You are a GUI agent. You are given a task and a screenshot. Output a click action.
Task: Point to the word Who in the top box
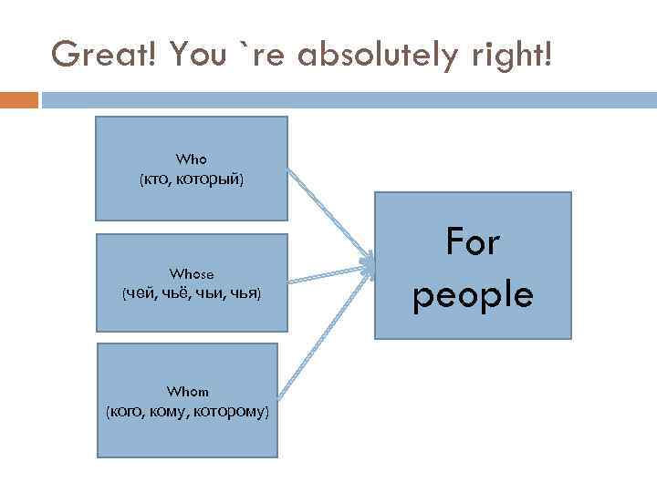[192, 159]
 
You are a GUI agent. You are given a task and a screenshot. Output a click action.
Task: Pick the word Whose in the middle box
[192, 273]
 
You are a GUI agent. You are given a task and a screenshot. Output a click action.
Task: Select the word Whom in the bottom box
[189, 392]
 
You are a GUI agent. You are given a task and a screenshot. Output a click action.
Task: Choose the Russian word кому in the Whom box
[175, 412]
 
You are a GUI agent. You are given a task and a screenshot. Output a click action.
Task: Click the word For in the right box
[473, 242]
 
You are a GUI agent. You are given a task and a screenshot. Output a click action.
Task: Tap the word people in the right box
[473, 294]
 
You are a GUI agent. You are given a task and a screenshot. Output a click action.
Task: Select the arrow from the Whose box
[328, 274]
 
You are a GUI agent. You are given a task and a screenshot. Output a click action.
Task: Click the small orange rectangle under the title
[19, 99]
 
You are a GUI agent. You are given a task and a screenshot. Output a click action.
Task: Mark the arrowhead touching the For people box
[368, 266]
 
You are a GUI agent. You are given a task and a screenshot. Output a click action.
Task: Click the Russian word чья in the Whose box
[245, 293]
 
